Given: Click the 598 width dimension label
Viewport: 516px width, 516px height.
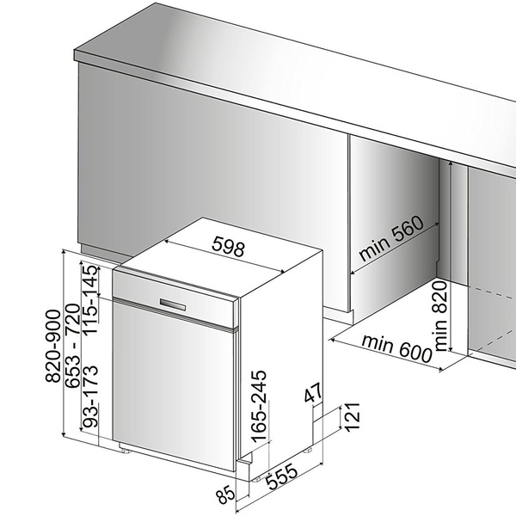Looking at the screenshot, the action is pyautogui.click(x=229, y=246).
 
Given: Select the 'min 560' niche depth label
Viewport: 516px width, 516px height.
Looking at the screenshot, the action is pyautogui.click(x=390, y=238).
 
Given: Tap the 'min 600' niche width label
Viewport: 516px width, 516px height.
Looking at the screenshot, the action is pyautogui.click(x=396, y=349).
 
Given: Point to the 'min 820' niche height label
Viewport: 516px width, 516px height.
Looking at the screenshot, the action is pyautogui.click(x=441, y=316).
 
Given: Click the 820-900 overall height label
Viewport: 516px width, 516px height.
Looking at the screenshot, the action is pyautogui.click(x=52, y=346).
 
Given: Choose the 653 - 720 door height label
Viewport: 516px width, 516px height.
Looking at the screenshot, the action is pyautogui.click(x=73, y=346).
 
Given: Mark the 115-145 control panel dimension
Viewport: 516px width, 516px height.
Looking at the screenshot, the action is pyautogui.click(x=89, y=300).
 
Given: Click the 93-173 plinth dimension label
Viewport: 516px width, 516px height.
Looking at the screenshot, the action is pyautogui.click(x=89, y=396).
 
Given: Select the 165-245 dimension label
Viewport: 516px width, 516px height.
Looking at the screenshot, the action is pyautogui.click(x=259, y=407).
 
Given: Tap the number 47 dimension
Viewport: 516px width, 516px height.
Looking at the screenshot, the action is pyautogui.click(x=313, y=392).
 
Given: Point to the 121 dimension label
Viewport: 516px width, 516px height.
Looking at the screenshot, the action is pyautogui.click(x=352, y=416).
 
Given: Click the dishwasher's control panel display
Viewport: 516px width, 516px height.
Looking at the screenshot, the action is pyautogui.click(x=173, y=304).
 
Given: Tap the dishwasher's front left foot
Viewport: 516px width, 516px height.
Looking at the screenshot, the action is pyautogui.click(x=126, y=450).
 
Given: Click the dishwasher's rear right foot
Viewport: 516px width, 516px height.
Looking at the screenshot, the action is pyautogui.click(x=309, y=450).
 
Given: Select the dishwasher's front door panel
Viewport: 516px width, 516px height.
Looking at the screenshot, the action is pyautogui.click(x=174, y=385).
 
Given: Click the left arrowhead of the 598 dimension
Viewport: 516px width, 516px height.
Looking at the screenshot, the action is pyautogui.click(x=167, y=242).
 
